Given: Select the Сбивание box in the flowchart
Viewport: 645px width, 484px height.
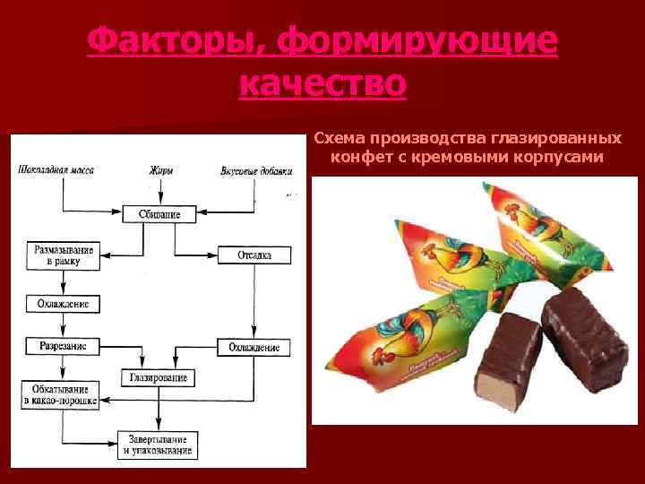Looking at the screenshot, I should click(x=159, y=213).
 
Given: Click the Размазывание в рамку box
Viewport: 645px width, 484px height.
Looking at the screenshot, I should click(x=63, y=255).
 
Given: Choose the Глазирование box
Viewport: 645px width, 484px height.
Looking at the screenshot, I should click(x=158, y=377).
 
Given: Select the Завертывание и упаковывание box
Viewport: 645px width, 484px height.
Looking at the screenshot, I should click(x=156, y=443).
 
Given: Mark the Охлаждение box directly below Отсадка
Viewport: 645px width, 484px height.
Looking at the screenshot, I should click(x=254, y=347).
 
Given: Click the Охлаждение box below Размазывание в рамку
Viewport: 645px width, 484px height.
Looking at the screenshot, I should click(x=62, y=304).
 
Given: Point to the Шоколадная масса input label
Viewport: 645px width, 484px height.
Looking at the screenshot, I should click(x=56, y=169).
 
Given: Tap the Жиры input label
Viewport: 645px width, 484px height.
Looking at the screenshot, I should click(x=159, y=169).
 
